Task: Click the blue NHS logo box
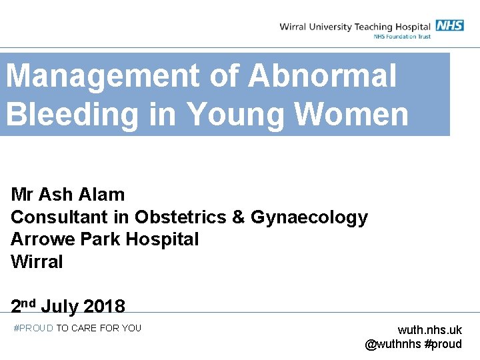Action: click(x=449, y=25)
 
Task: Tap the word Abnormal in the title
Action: click(x=323, y=76)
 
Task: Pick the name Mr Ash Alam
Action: click(x=67, y=195)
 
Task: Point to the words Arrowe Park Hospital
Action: click(x=105, y=239)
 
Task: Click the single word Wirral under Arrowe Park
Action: click(x=37, y=262)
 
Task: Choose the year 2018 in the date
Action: click(x=104, y=307)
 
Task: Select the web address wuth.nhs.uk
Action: click(x=429, y=330)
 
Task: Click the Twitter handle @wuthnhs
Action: click(x=393, y=344)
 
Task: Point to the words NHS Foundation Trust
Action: click(x=402, y=36)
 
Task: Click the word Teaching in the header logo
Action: click(x=379, y=27)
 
